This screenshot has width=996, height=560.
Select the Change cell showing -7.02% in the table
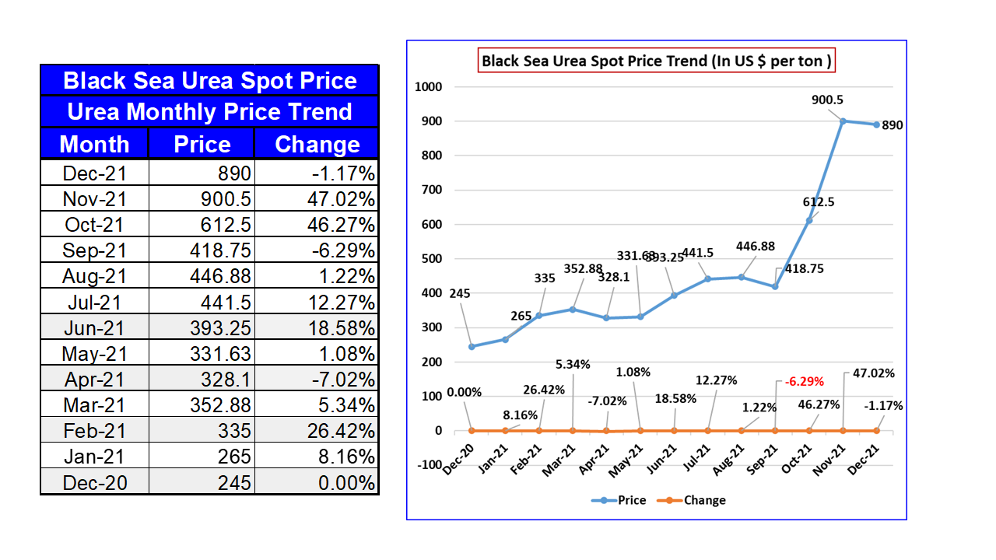point(317,380)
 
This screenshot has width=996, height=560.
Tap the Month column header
point(94,145)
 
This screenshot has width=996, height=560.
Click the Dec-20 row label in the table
point(94,483)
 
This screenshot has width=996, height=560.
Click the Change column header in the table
point(317,145)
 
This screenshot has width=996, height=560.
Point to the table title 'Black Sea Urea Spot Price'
point(209,81)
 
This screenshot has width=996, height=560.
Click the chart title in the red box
point(656,61)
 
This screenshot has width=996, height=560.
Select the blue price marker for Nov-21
point(843,121)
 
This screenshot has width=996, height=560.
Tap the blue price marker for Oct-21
point(809,220)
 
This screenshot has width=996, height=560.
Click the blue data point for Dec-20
point(472,346)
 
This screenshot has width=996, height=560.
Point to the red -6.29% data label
point(804,381)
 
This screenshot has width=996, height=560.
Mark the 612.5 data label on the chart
point(819,201)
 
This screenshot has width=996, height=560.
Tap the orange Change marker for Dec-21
point(877,430)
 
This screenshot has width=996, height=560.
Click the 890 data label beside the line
point(893,124)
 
